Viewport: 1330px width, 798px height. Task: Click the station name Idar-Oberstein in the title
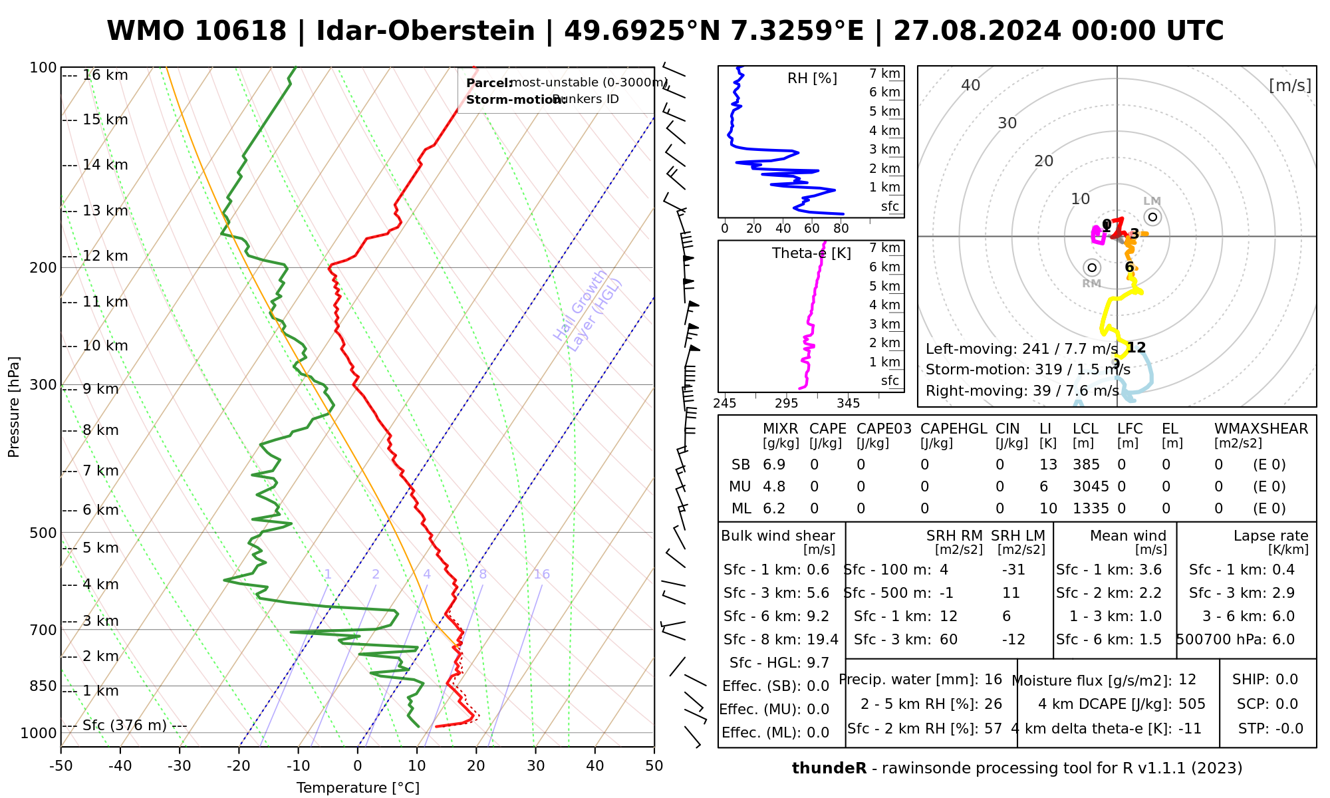pos(425,31)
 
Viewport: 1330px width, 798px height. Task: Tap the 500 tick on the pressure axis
pos(43,533)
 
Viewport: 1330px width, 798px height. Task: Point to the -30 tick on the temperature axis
pos(180,766)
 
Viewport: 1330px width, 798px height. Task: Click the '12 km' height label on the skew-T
pos(105,256)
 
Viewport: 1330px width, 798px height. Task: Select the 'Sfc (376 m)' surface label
pos(124,725)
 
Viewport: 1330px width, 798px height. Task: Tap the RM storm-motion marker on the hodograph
pos(1091,267)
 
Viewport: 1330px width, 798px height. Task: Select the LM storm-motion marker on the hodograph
pos(1152,217)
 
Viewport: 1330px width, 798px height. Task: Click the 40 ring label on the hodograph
pos(971,85)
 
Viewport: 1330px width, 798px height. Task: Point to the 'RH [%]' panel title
pos(812,78)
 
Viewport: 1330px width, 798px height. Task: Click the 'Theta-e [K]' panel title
pos(811,253)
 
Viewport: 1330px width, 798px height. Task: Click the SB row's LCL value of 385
pos(1086,465)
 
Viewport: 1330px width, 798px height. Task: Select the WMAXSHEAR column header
pos(1261,429)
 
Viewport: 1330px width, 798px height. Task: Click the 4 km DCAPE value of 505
pos(1192,704)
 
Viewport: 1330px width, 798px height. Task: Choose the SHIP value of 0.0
pos(1286,680)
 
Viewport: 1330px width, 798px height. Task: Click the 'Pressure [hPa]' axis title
pos(14,407)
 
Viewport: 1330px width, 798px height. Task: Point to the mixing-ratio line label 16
pos(541,575)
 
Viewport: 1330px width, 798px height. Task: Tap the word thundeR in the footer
pos(829,769)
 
